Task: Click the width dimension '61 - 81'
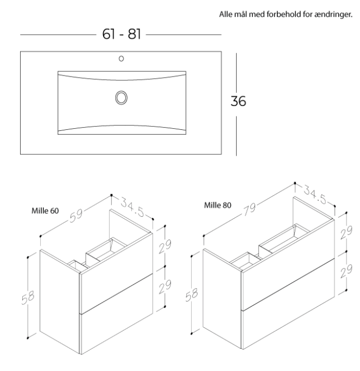pyautogui.click(x=121, y=34)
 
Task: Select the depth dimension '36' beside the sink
pyautogui.click(x=238, y=102)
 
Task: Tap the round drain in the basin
pyautogui.click(x=121, y=98)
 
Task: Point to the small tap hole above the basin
pyautogui.click(x=121, y=58)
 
